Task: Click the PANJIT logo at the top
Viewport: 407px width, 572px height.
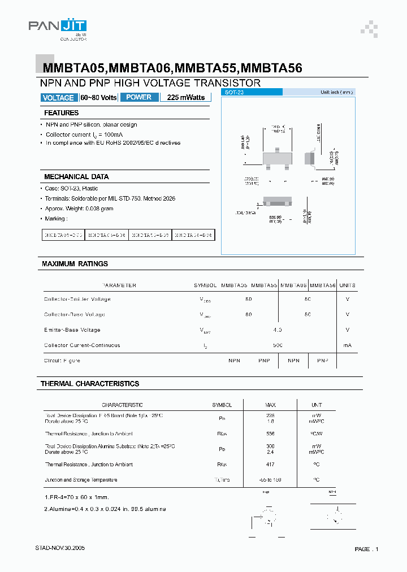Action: (57, 28)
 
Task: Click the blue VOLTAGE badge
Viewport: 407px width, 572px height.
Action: (58, 98)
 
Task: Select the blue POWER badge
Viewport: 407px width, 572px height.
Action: (138, 97)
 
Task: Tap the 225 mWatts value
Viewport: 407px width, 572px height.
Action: (186, 98)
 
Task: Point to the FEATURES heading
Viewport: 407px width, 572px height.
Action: (61, 113)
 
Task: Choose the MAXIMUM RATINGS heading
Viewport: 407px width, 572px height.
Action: (75, 264)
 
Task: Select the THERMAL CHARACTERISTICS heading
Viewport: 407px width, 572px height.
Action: (89, 384)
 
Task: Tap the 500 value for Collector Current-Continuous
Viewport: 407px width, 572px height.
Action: (277, 345)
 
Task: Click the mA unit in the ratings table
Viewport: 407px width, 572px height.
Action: (347, 345)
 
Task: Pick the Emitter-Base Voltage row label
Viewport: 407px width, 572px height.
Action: (72, 330)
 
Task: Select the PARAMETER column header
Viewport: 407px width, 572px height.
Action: (119, 285)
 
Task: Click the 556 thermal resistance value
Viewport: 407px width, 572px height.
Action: (270, 434)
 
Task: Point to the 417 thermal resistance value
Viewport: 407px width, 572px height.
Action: (270, 465)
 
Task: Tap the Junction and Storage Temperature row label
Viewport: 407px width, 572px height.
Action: (81, 480)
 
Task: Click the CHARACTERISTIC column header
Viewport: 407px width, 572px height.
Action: (122, 405)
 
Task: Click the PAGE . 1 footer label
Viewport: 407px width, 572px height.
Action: (366, 549)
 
